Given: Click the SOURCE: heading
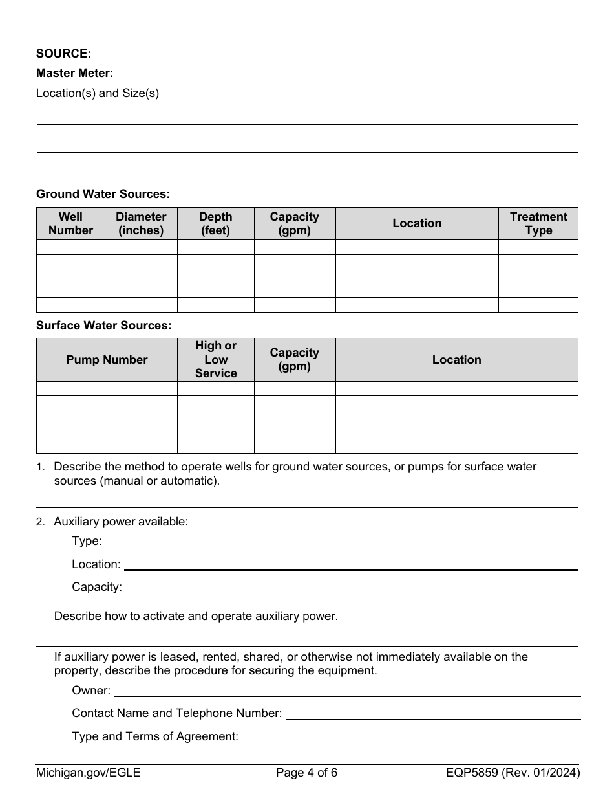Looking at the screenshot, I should pos(63,54).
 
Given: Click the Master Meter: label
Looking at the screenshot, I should pos(74,73).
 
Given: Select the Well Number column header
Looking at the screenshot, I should pos(70,223).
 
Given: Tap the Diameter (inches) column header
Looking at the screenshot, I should pos(141,223).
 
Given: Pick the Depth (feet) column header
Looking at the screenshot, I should pos(215,223).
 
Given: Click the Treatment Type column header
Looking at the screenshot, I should pos(538,223).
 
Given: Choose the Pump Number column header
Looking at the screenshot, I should pos(107,360).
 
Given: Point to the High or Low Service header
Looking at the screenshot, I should pos(216,360).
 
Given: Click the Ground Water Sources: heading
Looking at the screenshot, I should pos(103,194).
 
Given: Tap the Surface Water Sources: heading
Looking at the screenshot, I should pos(104,326).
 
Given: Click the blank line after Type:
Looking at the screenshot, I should pos(341,542).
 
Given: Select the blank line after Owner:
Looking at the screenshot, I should pos(347,692).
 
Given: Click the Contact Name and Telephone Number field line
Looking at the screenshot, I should pos(433,714).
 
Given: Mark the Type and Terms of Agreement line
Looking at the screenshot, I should pos(411,737).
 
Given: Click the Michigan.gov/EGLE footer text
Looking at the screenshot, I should pos(88,772).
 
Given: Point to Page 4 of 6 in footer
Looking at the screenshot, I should pos(306,772).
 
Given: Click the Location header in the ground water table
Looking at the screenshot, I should pos(417,223).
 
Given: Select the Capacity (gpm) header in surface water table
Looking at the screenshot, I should pos(294,360).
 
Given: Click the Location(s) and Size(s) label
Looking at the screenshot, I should pos(98,93).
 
